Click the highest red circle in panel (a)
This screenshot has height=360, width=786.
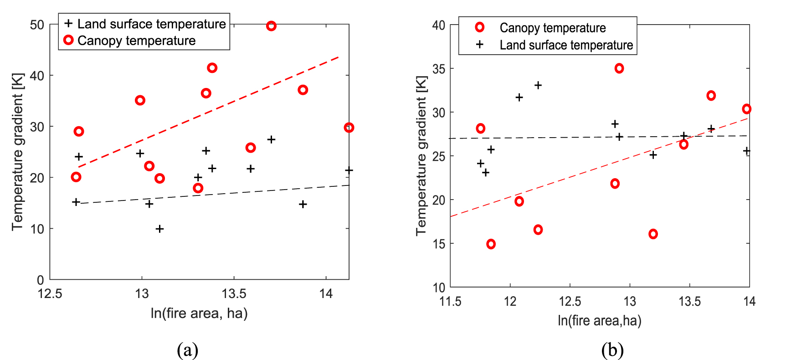click(x=271, y=26)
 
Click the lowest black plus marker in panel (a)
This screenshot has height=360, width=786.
click(x=159, y=229)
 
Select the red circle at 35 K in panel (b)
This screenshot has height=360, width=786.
click(x=619, y=68)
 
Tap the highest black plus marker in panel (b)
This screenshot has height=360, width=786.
click(x=538, y=85)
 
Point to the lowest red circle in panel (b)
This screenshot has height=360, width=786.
click(x=491, y=244)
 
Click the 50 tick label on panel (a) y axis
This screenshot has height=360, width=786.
click(x=37, y=25)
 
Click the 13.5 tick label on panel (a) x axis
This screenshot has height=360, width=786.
click(x=234, y=294)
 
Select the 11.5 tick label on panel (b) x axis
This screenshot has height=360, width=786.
click(x=450, y=301)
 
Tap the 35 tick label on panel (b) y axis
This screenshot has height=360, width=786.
click(x=438, y=69)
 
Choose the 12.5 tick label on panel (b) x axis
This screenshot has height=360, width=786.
click(x=570, y=301)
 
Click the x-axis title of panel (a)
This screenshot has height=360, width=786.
click(x=199, y=314)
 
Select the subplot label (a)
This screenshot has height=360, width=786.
click(x=187, y=350)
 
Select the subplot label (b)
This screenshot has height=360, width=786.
click(x=612, y=350)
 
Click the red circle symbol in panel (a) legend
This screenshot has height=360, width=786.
click(x=68, y=40)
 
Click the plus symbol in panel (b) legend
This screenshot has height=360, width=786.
click(x=479, y=45)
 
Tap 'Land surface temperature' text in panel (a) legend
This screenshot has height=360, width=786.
click(x=151, y=24)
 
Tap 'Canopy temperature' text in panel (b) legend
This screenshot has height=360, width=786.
click(x=552, y=28)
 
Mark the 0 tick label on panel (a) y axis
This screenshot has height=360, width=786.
click(x=41, y=280)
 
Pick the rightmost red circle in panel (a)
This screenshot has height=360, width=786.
click(x=349, y=128)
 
